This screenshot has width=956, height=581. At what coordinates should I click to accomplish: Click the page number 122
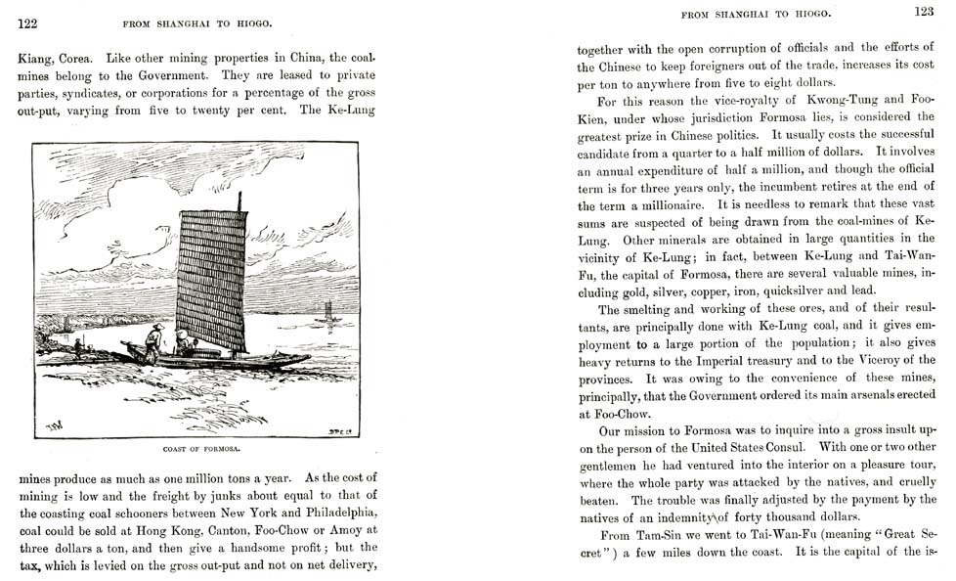coord(27,23)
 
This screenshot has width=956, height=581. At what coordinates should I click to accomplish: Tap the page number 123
coord(924,12)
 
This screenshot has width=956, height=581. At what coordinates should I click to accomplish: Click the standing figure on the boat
coord(153,340)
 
